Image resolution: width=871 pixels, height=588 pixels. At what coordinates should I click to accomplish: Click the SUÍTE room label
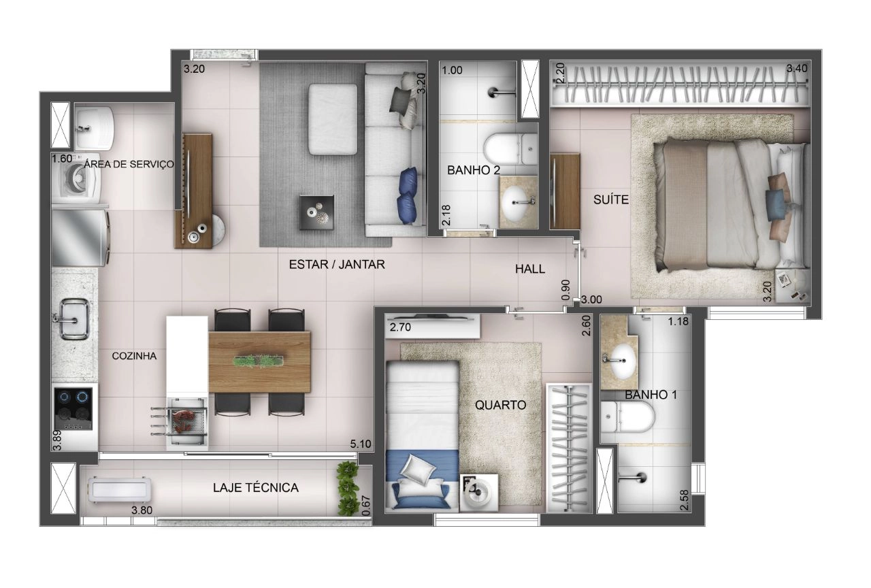pos(611,200)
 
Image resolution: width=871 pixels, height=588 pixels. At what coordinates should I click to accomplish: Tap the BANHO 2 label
pos(473,170)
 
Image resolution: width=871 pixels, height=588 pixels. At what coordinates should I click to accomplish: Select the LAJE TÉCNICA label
pos(255,488)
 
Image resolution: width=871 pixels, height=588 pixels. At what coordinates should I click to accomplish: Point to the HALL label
pos(529,269)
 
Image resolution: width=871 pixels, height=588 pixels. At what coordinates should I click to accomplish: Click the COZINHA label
pos(134,356)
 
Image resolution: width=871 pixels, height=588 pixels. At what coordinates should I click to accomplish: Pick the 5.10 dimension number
pos(361,444)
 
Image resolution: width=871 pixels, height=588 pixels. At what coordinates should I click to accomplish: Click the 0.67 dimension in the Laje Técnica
pos(365,506)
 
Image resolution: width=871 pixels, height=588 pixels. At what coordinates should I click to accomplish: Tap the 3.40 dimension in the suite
pos(797,69)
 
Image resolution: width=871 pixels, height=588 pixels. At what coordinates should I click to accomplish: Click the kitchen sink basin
pos(74,319)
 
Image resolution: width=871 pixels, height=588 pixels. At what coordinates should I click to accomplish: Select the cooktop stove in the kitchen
pos(73,409)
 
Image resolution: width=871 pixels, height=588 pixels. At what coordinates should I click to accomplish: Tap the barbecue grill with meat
pos(186,421)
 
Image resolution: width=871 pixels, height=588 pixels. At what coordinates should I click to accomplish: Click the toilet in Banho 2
pos(510,149)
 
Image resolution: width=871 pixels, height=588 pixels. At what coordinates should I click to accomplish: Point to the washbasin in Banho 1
pos(619,360)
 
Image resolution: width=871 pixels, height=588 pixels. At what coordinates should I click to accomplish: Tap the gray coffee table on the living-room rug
pos(316,212)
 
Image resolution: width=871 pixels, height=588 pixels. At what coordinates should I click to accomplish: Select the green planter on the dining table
pos(258,361)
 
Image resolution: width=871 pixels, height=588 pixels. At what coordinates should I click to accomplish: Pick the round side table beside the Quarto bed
pos(478,493)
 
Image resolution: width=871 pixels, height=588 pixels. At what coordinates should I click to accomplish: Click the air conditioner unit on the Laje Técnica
pos(119,489)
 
